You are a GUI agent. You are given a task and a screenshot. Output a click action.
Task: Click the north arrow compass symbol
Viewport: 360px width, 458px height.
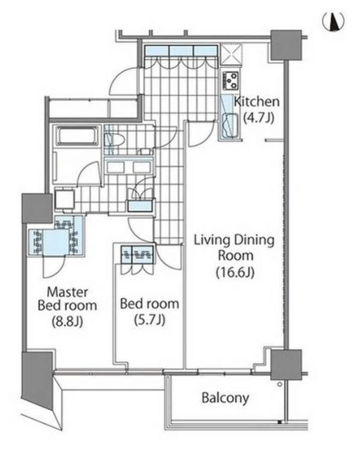333,21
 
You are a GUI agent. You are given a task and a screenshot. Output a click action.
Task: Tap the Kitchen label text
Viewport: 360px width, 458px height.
257,102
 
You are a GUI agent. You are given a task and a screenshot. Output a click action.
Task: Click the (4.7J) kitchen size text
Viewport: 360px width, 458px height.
259,118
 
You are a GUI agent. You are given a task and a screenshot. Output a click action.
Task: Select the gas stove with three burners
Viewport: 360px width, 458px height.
231,80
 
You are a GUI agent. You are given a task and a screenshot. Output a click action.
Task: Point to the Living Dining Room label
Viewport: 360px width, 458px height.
234,248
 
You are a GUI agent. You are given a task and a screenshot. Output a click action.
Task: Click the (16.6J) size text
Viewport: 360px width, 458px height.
235,273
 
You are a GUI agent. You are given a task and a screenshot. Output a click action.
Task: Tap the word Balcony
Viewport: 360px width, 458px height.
225,398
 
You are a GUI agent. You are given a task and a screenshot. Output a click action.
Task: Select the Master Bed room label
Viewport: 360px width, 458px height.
67,299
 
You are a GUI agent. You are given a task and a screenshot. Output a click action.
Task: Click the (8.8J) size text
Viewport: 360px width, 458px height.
67,321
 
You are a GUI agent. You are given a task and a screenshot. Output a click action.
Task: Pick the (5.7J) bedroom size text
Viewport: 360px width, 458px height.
150,320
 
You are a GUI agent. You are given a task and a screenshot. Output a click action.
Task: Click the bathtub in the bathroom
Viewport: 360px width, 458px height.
77,136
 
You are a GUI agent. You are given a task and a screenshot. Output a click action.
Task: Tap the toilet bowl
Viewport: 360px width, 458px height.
115,140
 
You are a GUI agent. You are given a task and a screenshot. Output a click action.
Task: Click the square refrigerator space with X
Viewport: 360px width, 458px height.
231,54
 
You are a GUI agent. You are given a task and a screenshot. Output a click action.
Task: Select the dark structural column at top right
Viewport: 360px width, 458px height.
286,45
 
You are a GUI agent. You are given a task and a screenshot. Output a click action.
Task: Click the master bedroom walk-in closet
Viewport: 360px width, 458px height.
56,236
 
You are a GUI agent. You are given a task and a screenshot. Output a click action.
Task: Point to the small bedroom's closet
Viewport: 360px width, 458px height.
137,255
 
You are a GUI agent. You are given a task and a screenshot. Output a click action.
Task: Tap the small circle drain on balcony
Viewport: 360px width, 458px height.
280,384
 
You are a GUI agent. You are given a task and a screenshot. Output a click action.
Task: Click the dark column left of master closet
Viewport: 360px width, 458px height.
37,208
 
